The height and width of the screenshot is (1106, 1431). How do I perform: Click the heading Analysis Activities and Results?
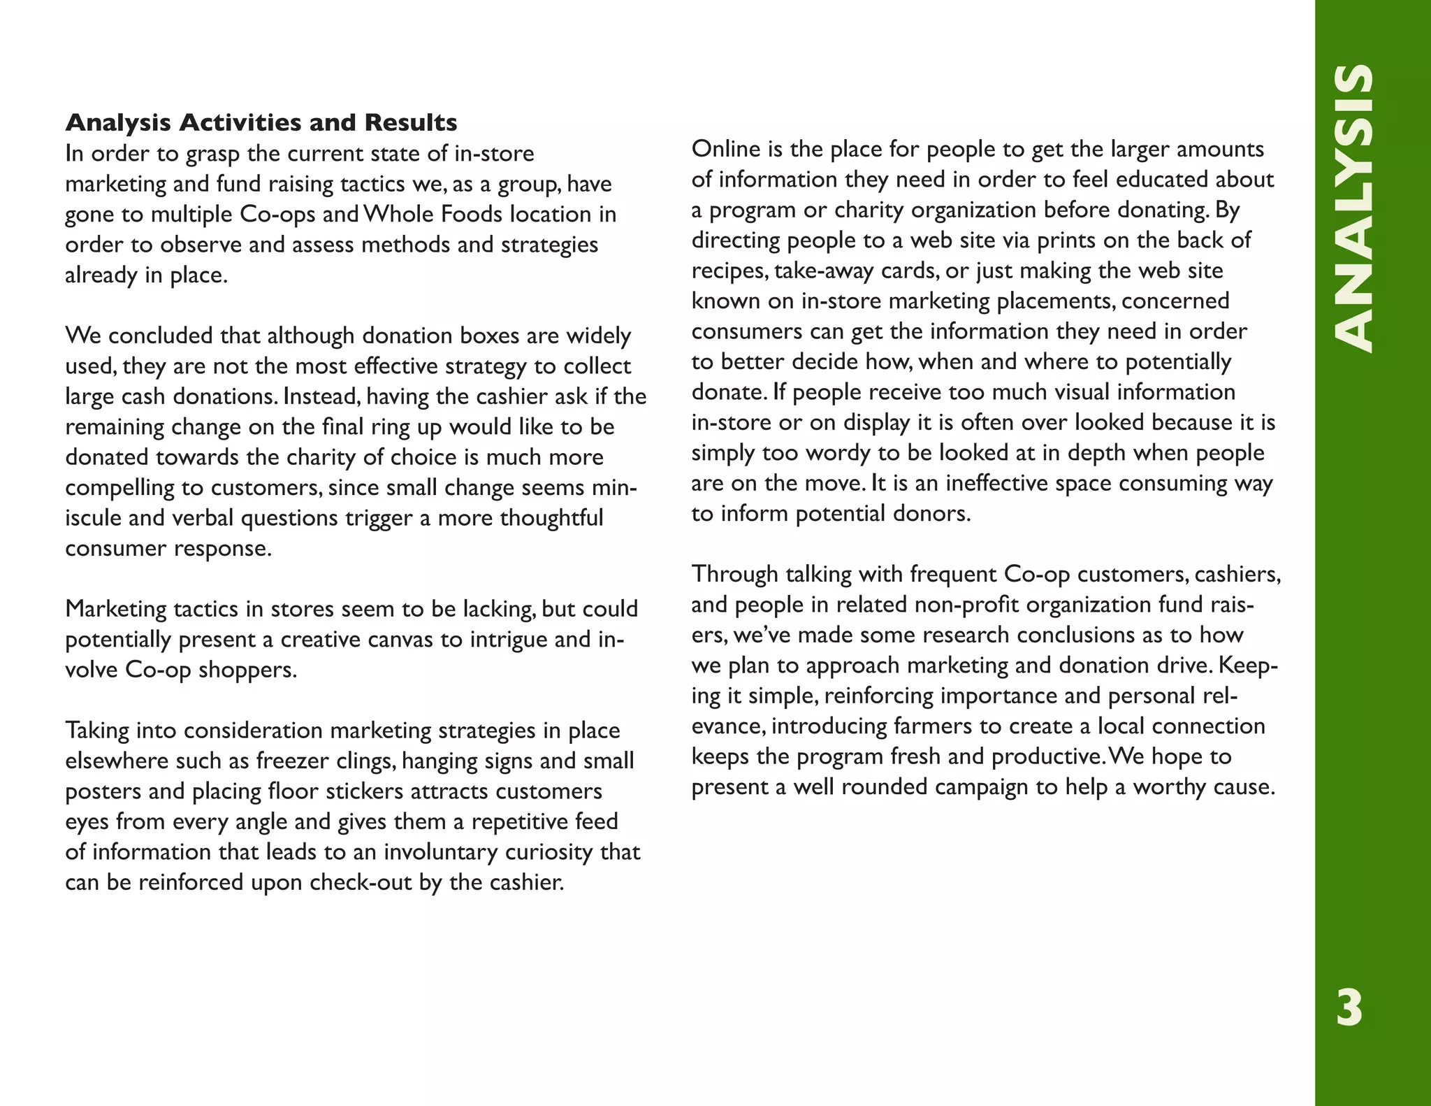click(261, 122)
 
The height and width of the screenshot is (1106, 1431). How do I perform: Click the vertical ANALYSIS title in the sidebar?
click(1353, 208)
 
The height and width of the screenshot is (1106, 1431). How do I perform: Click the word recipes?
click(728, 271)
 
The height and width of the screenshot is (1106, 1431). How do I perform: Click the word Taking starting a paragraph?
click(97, 731)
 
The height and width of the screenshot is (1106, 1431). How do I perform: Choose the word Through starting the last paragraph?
click(735, 574)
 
